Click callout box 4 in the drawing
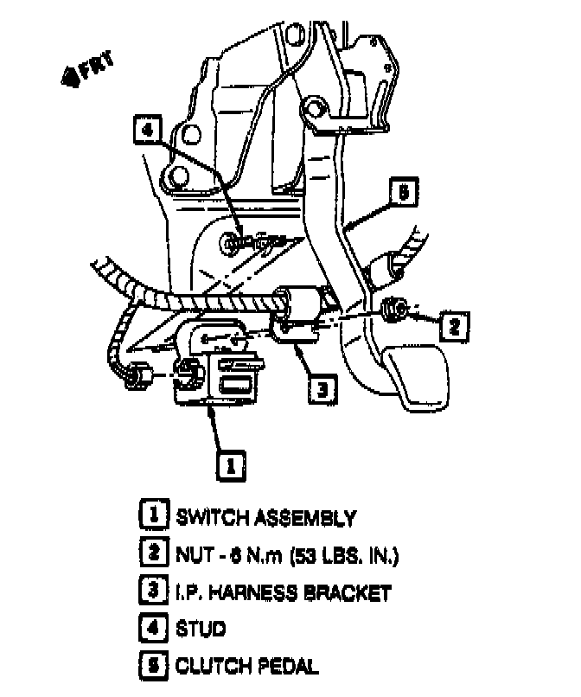148,131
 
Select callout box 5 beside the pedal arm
404,190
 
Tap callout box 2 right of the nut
453,325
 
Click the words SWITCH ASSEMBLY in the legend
265,518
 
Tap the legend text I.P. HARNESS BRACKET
284,592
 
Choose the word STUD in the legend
201,629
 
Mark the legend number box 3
151,592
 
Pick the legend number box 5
151,666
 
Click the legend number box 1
151,517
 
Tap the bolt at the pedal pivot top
315,110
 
